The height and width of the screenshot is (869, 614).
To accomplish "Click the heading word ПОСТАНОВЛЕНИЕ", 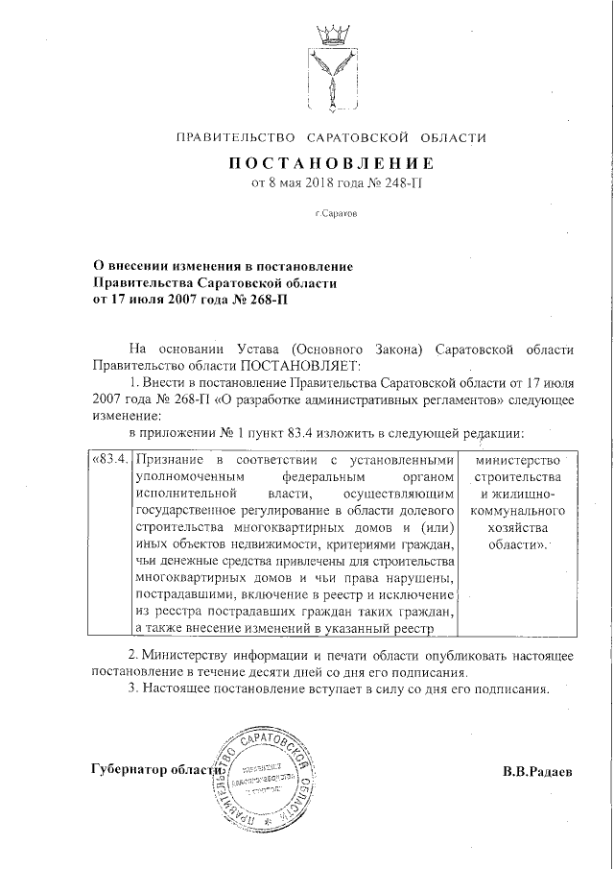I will point(331,162).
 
